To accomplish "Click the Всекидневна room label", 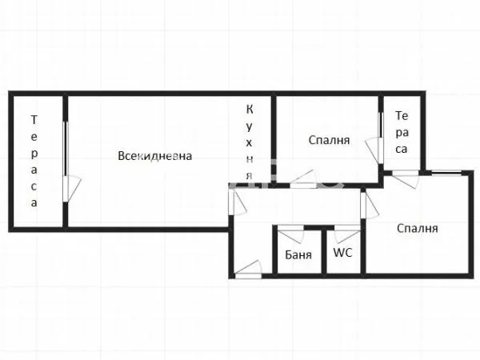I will [154, 156].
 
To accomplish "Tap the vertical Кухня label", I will [250, 142].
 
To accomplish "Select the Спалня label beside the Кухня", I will [329, 140].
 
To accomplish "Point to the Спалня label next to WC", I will [418, 228].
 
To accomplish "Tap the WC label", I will [342, 254].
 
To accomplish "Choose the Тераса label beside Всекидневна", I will [34, 161].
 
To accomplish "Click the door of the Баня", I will [291, 235].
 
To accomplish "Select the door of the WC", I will [346, 235].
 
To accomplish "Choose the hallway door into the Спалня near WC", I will [368, 206].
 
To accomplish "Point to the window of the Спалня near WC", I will [446, 173].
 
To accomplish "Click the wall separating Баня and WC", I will [324, 252].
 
